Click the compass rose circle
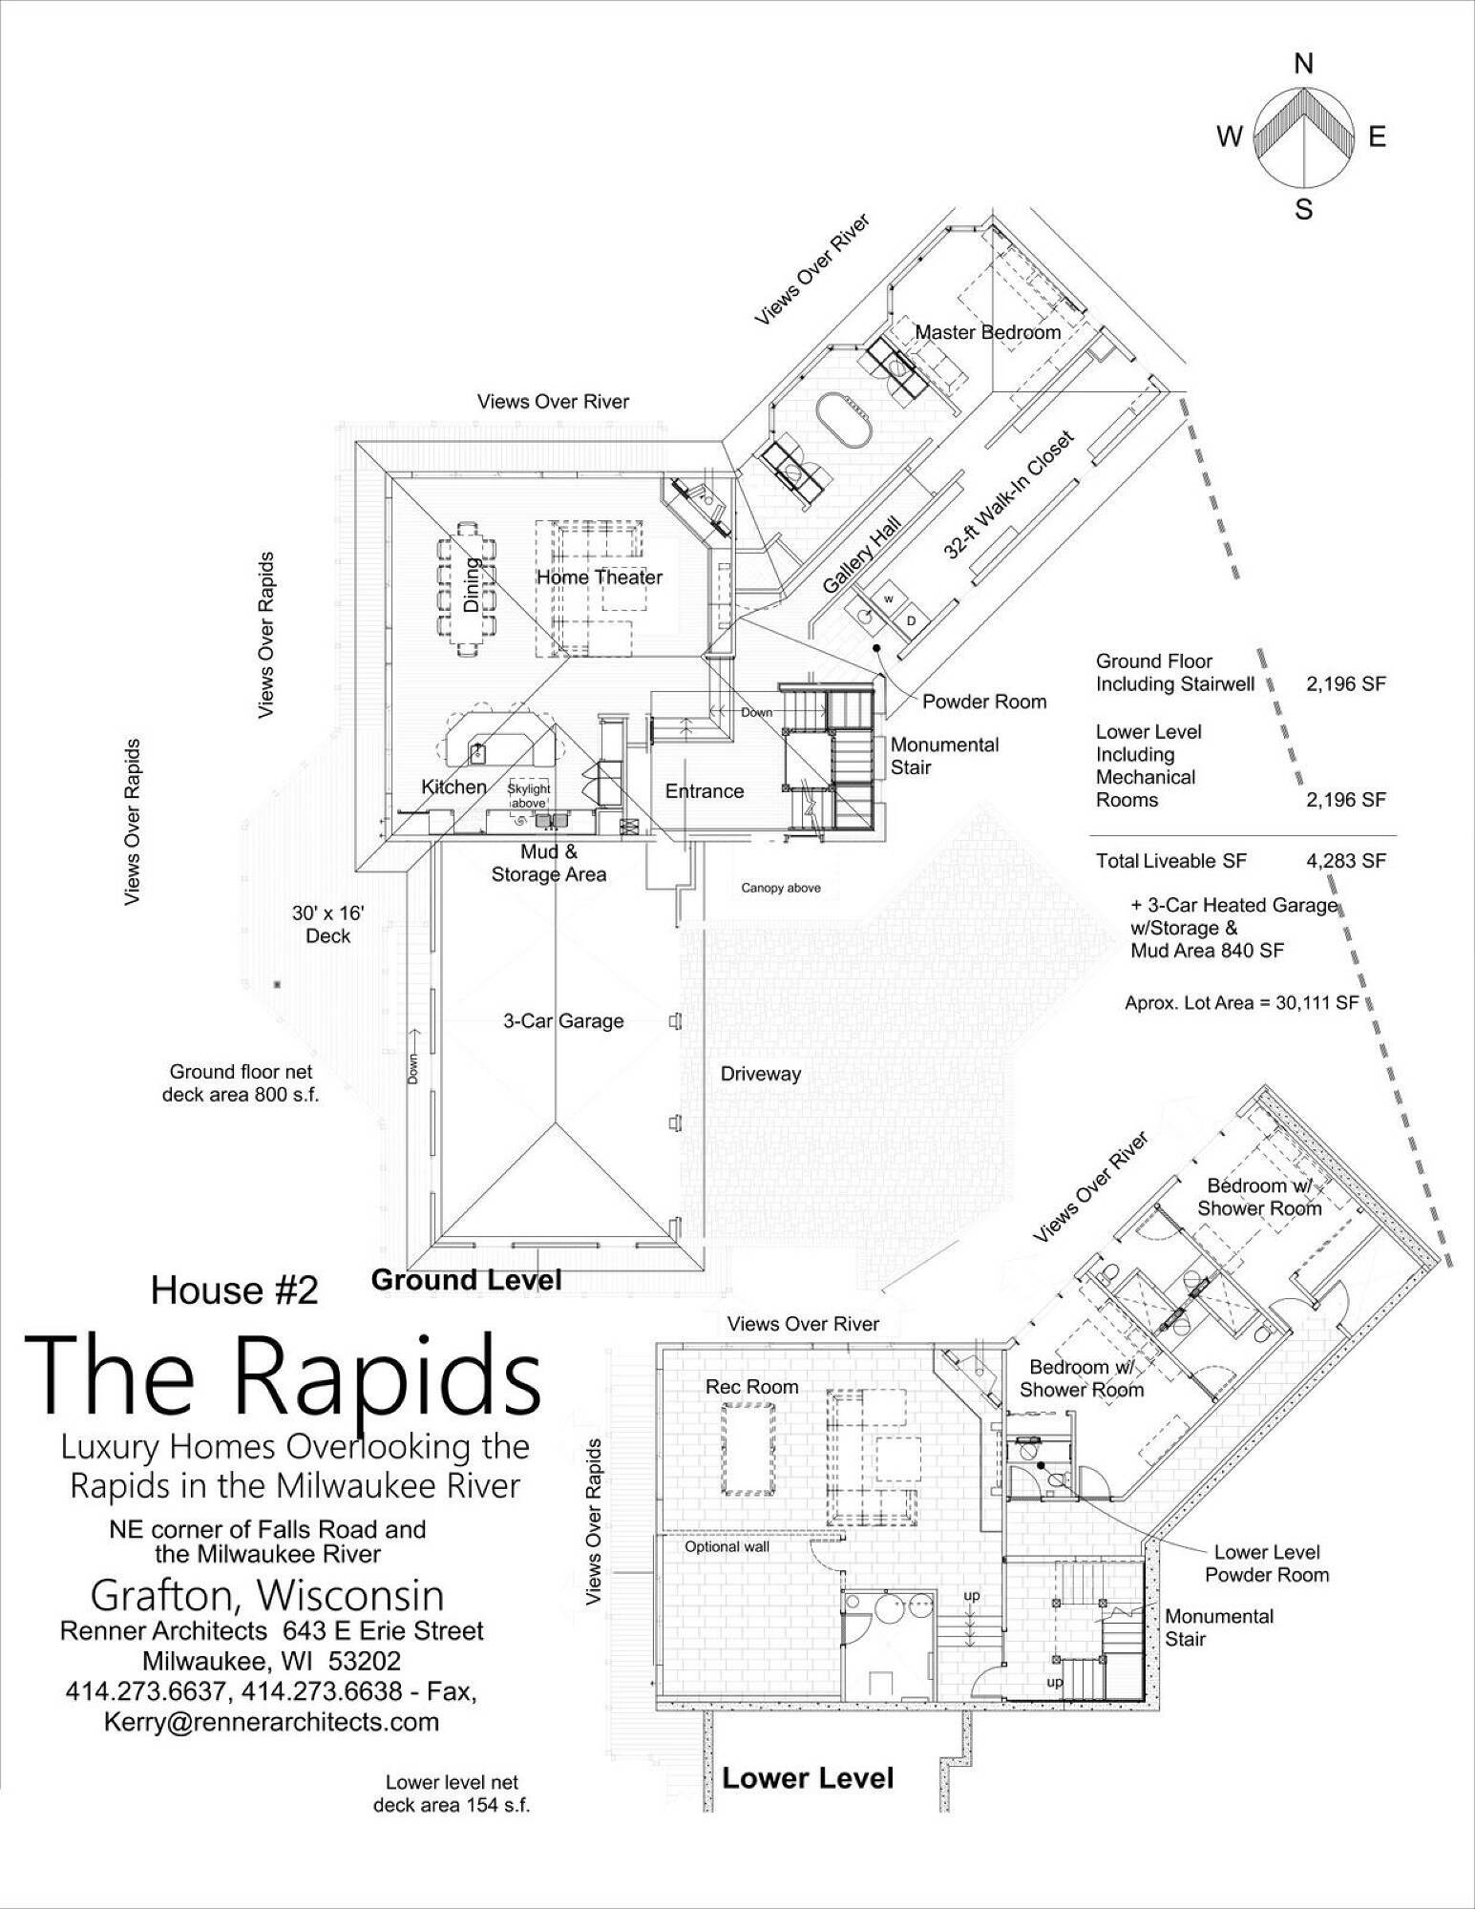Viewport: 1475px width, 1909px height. coord(1302,136)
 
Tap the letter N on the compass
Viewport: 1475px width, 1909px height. coord(1303,65)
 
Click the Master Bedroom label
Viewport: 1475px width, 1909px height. coord(988,332)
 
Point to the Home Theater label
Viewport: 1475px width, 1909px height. coord(599,577)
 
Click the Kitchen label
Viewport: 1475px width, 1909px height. coord(454,787)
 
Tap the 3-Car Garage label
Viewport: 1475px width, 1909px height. coord(563,1020)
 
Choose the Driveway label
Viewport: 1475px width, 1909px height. coord(760,1074)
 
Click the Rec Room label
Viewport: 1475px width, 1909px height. coord(752,1387)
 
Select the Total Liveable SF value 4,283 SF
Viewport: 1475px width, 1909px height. coord(1345,861)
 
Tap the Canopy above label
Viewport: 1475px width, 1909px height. coord(780,888)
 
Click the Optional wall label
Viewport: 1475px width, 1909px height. coord(727,1547)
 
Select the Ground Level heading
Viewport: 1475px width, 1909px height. coord(466,1280)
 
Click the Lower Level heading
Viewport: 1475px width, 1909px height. coord(808,1778)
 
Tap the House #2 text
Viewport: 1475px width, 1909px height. coord(234,1290)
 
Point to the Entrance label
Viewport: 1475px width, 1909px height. coord(705,790)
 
